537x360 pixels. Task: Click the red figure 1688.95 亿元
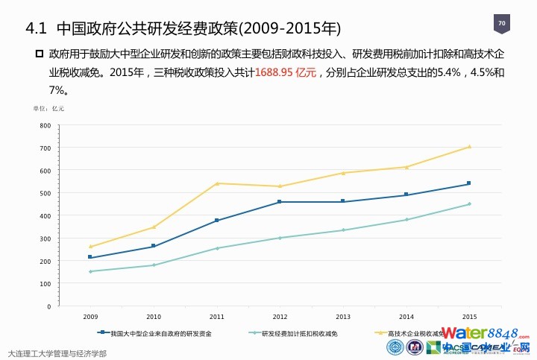(x=286, y=73)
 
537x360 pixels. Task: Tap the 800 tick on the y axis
(x=46, y=125)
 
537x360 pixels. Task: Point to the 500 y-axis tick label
(x=46, y=193)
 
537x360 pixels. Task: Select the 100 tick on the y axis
(x=46, y=283)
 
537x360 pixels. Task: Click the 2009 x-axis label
(x=90, y=317)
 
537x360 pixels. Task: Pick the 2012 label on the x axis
(x=280, y=317)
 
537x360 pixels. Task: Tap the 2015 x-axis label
(x=470, y=317)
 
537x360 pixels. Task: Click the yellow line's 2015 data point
(x=469, y=147)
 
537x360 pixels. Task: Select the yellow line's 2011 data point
(x=217, y=183)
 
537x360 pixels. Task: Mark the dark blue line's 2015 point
(x=469, y=183)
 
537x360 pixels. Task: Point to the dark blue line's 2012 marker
(x=280, y=202)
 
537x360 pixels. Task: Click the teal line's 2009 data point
(x=90, y=271)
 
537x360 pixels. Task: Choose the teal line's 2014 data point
(x=406, y=219)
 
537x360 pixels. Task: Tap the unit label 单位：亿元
(x=48, y=109)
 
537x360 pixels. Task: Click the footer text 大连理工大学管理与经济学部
(x=57, y=353)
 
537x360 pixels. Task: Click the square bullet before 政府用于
(x=40, y=55)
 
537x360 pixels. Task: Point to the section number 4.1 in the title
(x=37, y=29)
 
